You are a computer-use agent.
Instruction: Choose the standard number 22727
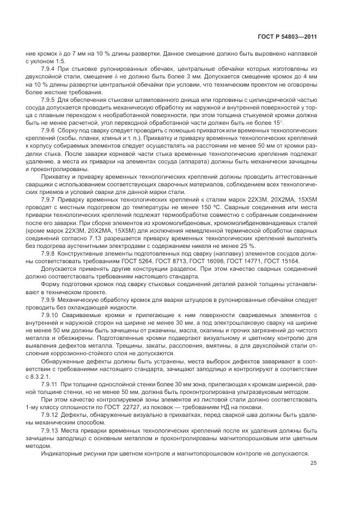(135, 407)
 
